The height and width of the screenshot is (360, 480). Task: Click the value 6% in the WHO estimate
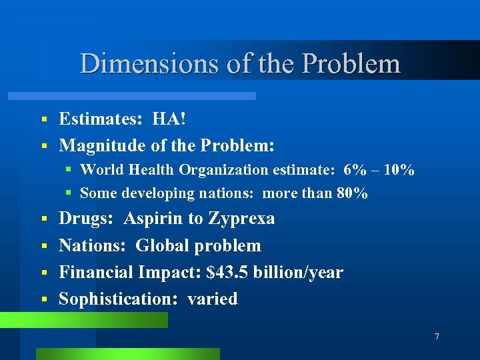355,170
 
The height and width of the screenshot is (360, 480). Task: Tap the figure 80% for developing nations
353,193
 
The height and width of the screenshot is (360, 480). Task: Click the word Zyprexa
241,219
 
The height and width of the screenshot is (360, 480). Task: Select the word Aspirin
155,219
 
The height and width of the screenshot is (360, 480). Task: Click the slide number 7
437,337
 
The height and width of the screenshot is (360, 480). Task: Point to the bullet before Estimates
43,119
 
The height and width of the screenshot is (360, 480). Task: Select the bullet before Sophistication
43,299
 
